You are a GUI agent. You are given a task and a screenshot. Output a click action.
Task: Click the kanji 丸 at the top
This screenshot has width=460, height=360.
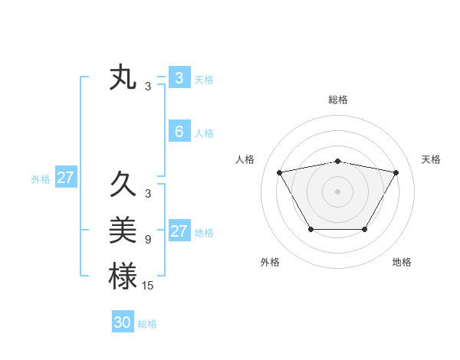[123, 78]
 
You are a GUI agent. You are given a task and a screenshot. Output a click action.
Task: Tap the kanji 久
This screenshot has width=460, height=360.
[123, 185]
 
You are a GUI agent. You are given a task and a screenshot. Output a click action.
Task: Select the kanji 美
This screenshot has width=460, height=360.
[123, 229]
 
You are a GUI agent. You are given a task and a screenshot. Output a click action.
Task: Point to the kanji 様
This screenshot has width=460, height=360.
[123, 276]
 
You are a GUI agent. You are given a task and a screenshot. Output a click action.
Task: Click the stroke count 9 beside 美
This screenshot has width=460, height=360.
[147, 240]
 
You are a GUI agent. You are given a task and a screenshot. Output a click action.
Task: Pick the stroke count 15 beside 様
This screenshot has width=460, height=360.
[149, 286]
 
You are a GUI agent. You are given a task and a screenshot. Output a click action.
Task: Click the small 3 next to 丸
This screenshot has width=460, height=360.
[147, 87]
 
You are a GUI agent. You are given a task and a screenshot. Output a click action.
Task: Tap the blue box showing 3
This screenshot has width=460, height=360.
[179, 77]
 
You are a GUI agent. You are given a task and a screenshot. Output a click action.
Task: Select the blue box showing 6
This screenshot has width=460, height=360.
[179, 132]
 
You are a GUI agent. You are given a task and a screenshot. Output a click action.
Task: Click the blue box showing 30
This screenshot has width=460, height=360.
[123, 322]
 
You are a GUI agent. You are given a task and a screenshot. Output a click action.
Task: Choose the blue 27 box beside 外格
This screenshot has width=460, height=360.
[65, 178]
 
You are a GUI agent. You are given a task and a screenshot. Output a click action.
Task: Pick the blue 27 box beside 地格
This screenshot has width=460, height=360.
[179, 231]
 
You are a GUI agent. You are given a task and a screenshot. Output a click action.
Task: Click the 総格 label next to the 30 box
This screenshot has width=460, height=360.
[147, 324]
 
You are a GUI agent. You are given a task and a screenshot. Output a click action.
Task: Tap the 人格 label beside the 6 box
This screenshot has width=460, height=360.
[204, 133]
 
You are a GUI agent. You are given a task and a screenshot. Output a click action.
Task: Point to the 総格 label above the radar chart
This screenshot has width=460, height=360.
[337, 100]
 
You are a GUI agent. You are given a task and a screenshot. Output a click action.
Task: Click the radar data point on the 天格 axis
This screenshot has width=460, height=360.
[396, 172]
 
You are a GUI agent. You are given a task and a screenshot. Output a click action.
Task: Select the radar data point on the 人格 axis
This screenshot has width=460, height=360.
[279, 172]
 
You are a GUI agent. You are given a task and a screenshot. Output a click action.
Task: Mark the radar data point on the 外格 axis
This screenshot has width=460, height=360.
[310, 229]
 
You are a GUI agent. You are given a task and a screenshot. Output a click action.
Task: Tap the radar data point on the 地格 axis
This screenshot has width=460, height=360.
[364, 229]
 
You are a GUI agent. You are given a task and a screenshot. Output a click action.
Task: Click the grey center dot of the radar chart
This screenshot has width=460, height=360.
[337, 191]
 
